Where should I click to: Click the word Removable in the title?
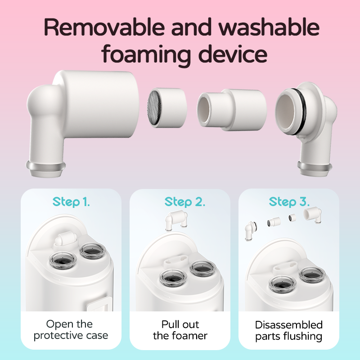click(x=104, y=27)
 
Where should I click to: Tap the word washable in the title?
click(x=269, y=27)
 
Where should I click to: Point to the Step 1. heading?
click(x=71, y=202)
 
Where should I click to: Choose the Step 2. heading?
click(x=185, y=202)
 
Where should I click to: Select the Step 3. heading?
click(x=289, y=202)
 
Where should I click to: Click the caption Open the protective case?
click(x=71, y=330)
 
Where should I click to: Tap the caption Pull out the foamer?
click(x=180, y=330)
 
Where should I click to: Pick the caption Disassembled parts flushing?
click(x=289, y=331)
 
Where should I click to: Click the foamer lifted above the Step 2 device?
click(x=176, y=220)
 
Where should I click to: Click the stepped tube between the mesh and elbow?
click(x=232, y=110)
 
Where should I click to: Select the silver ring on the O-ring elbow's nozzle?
click(x=315, y=166)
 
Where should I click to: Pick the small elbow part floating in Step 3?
click(x=251, y=231)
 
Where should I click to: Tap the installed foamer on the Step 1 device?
click(x=66, y=239)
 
